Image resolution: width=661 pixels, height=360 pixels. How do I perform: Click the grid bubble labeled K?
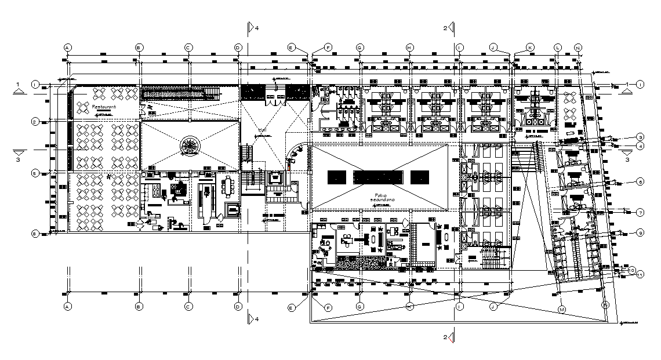pyautogui.click(x=529, y=47)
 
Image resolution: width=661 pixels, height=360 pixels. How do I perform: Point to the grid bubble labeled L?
pyautogui.click(x=558, y=47)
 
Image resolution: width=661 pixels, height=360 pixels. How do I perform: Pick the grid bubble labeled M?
pyautogui.click(x=561, y=309)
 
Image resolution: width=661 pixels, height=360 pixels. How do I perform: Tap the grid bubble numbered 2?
pyautogui.click(x=35, y=122)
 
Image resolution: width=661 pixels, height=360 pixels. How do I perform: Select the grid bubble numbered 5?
pyautogui.click(x=35, y=173)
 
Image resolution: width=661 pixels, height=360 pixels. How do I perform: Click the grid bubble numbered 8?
pyautogui.click(x=35, y=234)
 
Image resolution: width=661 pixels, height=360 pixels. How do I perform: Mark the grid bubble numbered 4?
pyautogui.click(x=640, y=146)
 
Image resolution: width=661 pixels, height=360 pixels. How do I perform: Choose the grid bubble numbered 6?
pyautogui.click(x=640, y=181)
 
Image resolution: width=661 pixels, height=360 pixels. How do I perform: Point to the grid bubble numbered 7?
pyautogui.click(x=640, y=213)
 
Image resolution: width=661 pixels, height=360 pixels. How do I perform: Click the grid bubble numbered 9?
pyautogui.click(x=640, y=232)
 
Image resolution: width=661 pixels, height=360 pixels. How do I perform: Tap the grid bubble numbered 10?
pyautogui.click(x=633, y=270)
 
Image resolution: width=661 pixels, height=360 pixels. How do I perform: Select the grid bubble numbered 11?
pyautogui.click(x=640, y=275)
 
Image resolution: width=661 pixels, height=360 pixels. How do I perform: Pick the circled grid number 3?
pyautogui.click(x=640, y=137)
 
